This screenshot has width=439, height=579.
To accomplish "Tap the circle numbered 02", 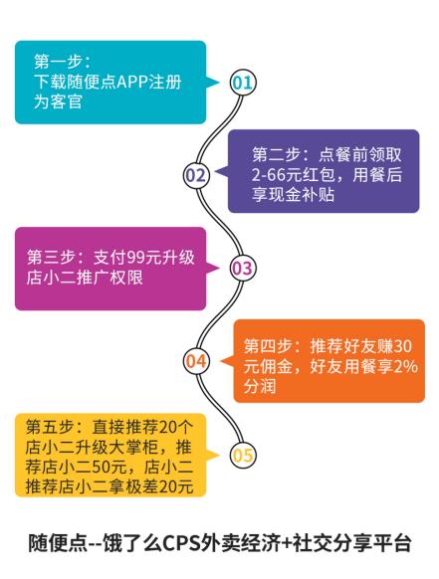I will pyautogui.click(x=196, y=176).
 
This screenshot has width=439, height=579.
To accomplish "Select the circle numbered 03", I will pyautogui.click(x=242, y=267).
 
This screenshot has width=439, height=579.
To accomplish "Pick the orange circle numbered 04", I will pyautogui.click(x=196, y=360).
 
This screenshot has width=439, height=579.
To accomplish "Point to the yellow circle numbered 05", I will pyautogui.click(x=242, y=456).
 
